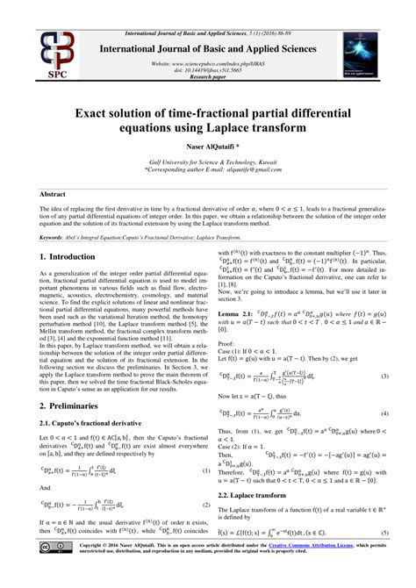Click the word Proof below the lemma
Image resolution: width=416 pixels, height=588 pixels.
tap(226, 332)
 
